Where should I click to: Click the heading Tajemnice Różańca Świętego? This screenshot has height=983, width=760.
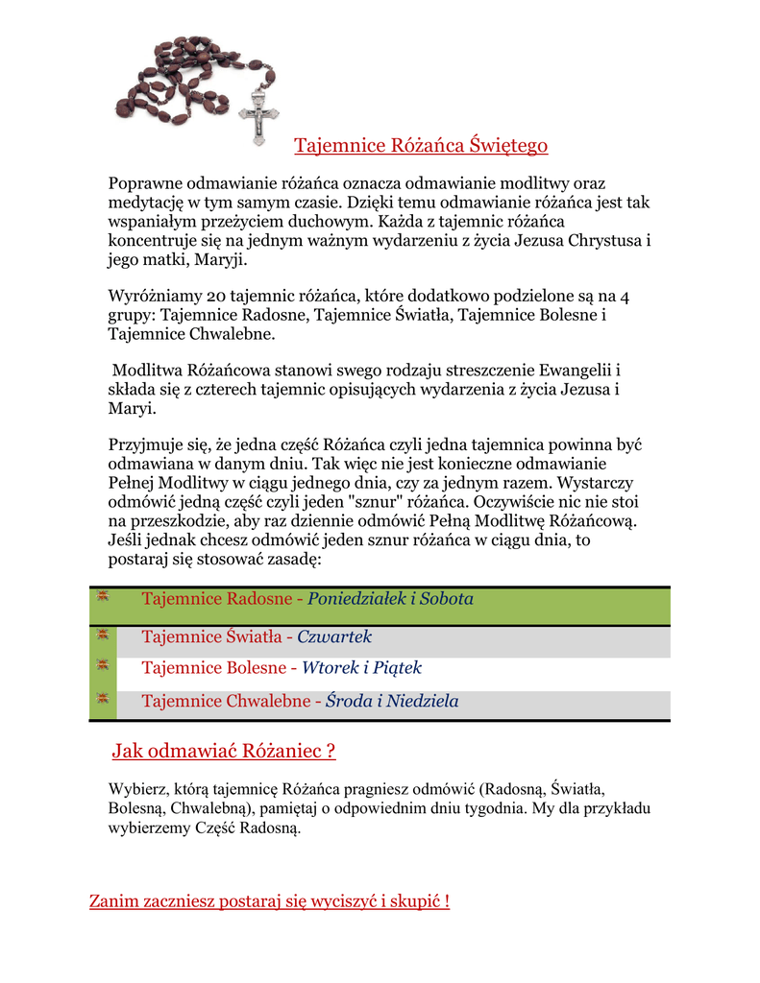421,146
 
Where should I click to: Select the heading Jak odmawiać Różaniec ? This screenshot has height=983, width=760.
224,751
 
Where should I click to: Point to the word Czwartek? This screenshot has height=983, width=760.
334,636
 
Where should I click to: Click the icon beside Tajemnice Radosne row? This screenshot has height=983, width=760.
103,596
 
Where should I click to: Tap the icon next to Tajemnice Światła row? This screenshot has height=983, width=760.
103,634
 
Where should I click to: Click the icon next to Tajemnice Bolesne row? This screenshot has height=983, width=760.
103,664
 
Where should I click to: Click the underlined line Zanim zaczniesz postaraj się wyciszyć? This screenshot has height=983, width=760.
269,901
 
